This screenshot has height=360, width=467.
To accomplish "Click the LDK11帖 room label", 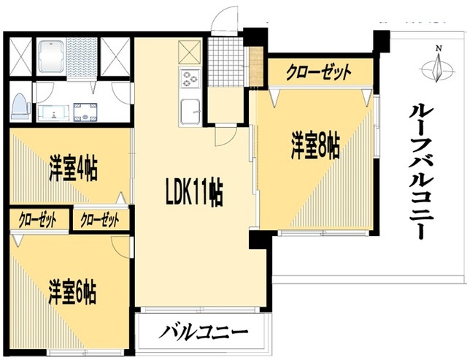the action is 194,192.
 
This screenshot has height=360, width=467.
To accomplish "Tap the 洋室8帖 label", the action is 315,146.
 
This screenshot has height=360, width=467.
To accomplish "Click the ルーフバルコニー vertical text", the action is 422,172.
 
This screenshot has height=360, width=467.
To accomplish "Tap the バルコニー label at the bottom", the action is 203,332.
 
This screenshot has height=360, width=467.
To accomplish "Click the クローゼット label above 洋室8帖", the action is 319,72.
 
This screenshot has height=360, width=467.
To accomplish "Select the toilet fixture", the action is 21,107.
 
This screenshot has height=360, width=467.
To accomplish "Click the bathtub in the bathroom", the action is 51,57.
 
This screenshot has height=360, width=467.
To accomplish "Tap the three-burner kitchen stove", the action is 190,78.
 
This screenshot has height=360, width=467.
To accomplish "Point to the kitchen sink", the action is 190,112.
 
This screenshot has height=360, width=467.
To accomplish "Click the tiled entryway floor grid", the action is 226,62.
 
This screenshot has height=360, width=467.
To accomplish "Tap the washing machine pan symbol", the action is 85,112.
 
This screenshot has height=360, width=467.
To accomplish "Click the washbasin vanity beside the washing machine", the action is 53,112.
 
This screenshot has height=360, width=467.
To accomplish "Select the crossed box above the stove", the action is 190,53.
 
